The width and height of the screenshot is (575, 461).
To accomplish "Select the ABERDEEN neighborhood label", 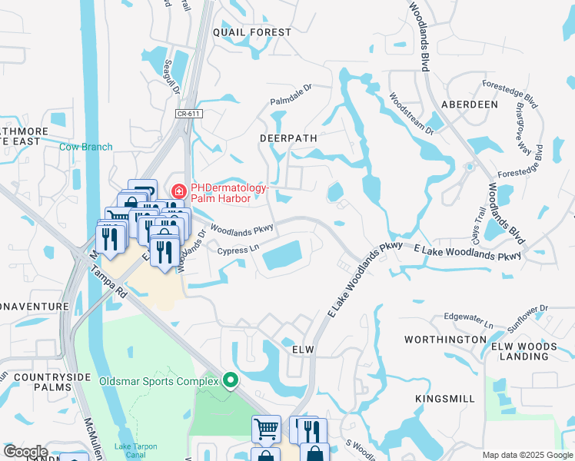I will (x=470, y=104).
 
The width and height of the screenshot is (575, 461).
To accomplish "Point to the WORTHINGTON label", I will (x=446, y=339).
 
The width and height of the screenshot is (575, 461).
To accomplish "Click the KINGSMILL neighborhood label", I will (x=446, y=399).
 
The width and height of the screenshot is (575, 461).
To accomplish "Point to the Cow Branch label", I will (x=86, y=147).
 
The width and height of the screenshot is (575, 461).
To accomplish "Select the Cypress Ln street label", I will (x=238, y=250).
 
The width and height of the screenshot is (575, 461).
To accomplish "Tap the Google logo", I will (x=25, y=452).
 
